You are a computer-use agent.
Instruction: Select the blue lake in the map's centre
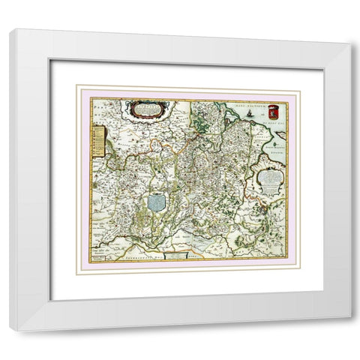[157, 202]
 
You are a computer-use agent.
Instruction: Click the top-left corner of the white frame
[10, 31]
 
